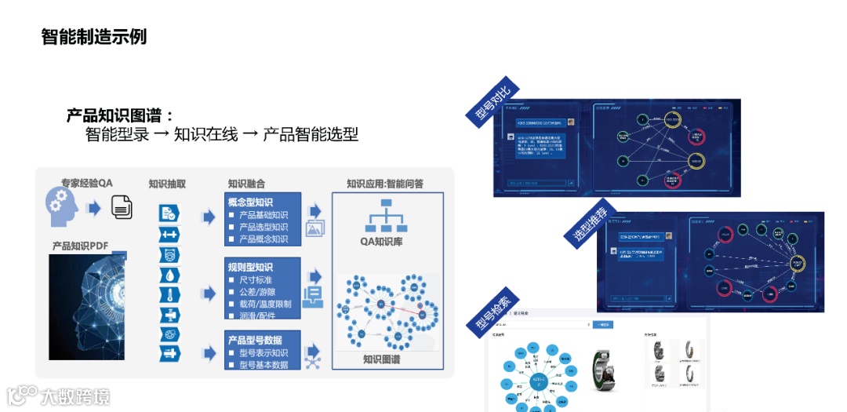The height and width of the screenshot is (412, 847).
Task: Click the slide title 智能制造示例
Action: click(x=94, y=37)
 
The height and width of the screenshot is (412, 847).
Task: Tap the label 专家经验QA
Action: click(x=87, y=183)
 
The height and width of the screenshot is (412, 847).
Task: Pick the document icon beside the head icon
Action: click(x=122, y=208)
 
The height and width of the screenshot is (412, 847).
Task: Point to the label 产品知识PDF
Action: click(x=81, y=246)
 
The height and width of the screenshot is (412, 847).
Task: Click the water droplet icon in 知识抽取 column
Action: click(x=169, y=275)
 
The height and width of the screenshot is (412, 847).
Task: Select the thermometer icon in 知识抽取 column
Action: click(x=169, y=295)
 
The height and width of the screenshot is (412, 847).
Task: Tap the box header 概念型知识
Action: click(x=250, y=202)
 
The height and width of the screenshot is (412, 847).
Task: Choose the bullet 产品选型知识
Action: click(x=263, y=227)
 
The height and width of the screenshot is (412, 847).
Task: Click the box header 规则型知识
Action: click(x=250, y=268)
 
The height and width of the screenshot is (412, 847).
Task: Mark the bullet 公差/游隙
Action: click(x=258, y=292)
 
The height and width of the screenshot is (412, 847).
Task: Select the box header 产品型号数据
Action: click(x=256, y=340)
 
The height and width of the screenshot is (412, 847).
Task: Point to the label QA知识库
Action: click(x=381, y=242)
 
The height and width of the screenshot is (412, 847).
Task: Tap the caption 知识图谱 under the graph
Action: click(x=382, y=359)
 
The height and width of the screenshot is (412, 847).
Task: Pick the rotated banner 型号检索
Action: click(x=491, y=315)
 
